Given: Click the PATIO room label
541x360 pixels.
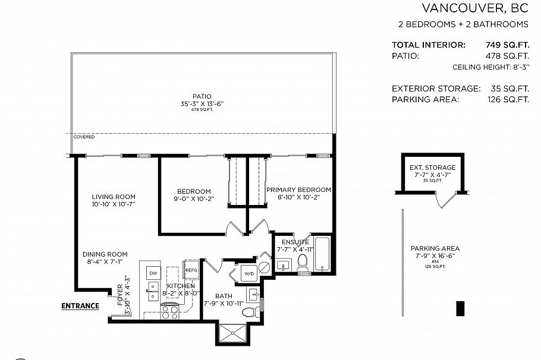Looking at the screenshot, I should pos(202,96).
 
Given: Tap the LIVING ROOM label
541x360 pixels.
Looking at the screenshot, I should pos(114,197).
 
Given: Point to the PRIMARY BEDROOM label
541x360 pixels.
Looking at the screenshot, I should pos(298,190).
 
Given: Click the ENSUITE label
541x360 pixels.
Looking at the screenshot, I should pos(295,242).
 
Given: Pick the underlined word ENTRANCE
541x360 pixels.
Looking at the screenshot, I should pos(80,307).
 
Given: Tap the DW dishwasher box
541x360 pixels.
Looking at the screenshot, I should pos(153,273).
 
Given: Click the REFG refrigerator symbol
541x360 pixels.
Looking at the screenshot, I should pos(191,270).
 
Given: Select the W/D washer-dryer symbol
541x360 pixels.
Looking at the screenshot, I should pos(249,273).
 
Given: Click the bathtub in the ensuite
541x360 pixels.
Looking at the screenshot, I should pos(322,255).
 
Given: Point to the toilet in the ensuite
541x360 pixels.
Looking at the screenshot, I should pos(303,263).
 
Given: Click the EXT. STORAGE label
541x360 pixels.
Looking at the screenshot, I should pos(432,168).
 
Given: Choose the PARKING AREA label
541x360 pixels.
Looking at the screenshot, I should pos(435,248).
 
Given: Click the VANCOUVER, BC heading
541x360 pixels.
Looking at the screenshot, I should pos(475,8).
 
